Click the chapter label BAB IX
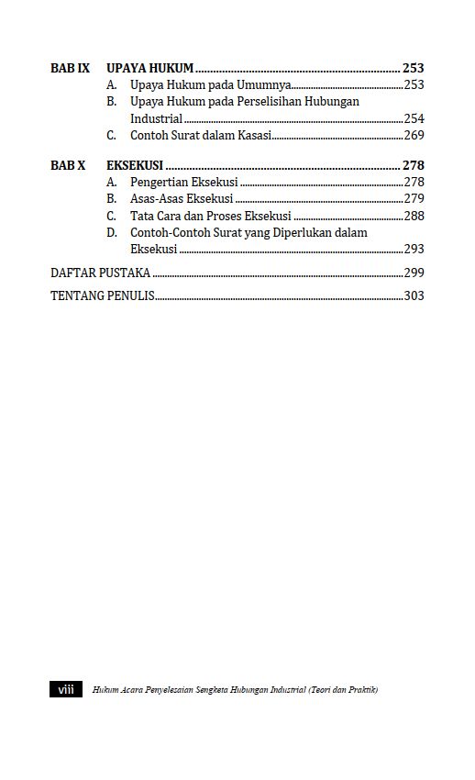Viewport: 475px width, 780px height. [70, 68]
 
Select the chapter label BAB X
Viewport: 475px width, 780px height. [68, 166]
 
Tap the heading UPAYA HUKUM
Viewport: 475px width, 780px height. [149, 68]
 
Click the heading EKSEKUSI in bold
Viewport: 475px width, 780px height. [135, 166]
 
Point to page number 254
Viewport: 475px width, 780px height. [414, 118]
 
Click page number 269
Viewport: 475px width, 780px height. [414, 135]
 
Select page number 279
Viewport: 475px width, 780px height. [414, 198]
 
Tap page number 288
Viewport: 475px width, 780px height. [414, 216]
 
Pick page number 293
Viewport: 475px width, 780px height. [414, 249]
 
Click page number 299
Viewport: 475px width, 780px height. [414, 273]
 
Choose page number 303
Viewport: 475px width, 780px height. [414, 295]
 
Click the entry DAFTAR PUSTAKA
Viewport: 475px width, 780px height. [100, 273]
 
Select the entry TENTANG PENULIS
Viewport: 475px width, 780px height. [102, 295]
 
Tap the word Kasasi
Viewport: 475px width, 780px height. [253, 135]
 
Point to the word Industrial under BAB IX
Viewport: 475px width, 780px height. [156, 118]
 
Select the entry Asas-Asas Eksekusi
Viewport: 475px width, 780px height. [182, 198]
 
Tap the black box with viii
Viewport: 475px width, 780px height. [66, 690]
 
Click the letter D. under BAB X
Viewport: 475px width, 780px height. [111, 232]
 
